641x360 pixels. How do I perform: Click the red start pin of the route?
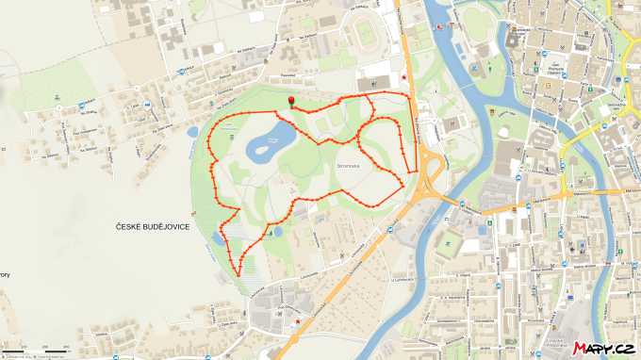(290, 101)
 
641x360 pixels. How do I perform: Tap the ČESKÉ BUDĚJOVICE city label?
(154, 227)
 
